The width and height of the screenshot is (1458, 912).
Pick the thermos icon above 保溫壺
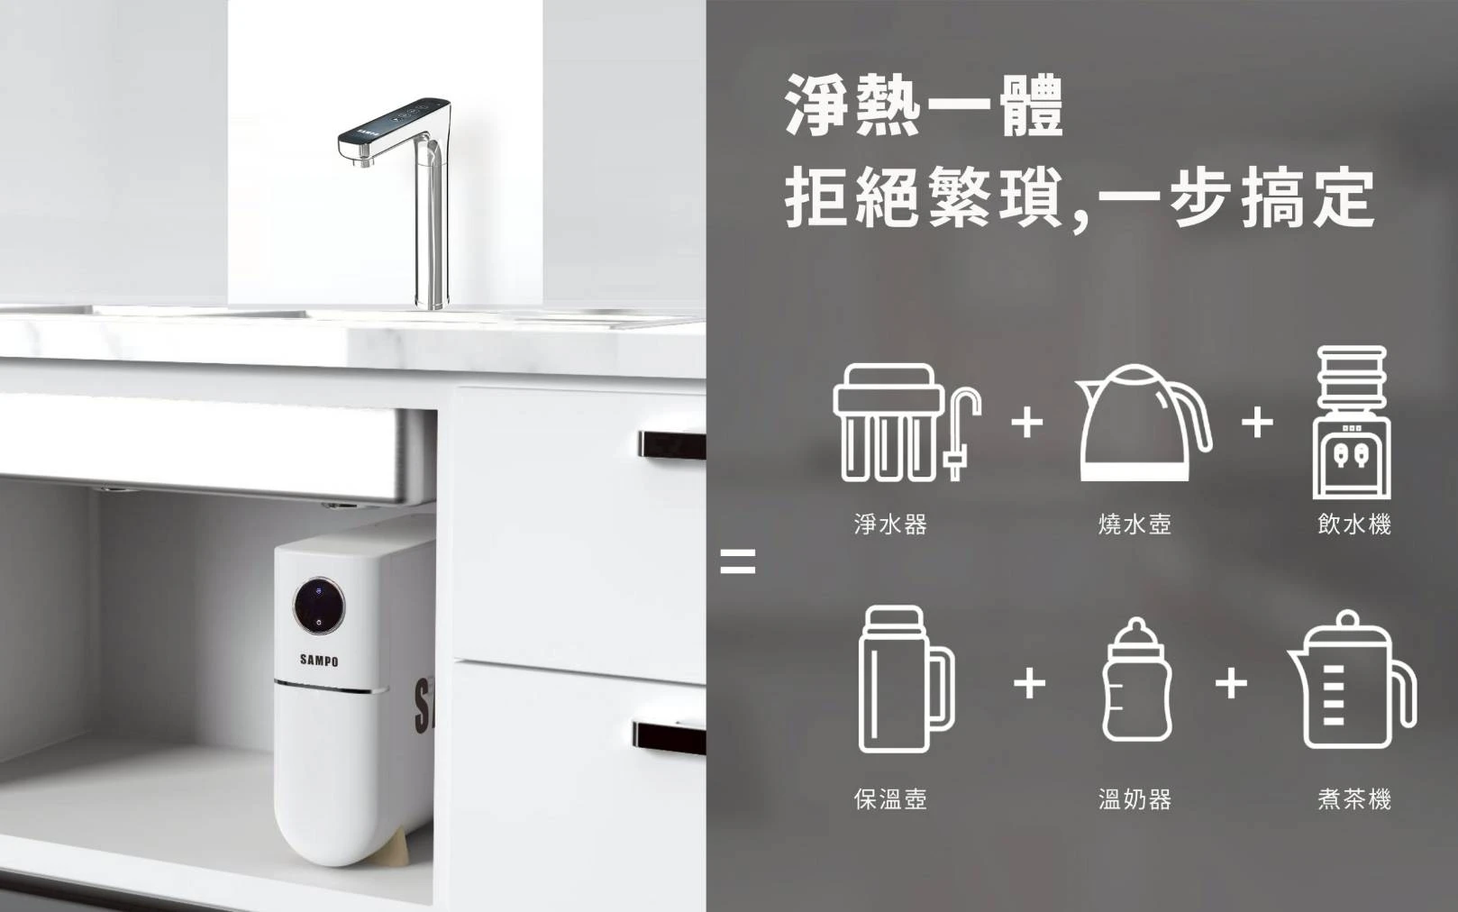[x=906, y=679]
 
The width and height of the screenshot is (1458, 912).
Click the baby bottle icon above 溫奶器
[x=1136, y=679]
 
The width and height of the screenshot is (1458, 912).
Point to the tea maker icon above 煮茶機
[x=1351, y=679]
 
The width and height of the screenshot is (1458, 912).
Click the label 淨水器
[x=890, y=524]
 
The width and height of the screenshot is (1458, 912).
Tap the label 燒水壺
[x=1135, y=524]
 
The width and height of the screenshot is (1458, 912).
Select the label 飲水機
[x=1354, y=524]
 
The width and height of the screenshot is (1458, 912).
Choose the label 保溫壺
[x=890, y=799]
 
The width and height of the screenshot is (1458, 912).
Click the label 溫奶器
[x=1135, y=799]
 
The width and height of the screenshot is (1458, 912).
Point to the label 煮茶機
[x=1354, y=799]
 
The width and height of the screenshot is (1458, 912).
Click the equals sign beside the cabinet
[x=738, y=561]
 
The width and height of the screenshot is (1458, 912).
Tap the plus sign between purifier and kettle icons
[x=1027, y=424]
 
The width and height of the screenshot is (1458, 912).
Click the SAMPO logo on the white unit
[x=319, y=661]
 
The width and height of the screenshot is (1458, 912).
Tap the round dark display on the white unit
[x=319, y=606]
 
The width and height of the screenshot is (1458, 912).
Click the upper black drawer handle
[x=672, y=445]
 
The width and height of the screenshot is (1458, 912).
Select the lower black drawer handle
[x=670, y=738]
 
